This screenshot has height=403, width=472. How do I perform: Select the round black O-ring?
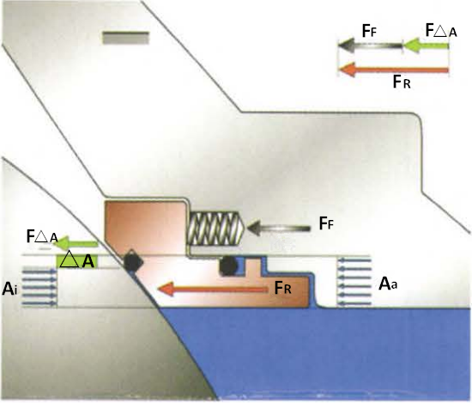click(x=228, y=266)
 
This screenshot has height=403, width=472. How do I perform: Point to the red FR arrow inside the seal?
click(x=214, y=290)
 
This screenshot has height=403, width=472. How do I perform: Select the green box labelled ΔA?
click(x=76, y=260)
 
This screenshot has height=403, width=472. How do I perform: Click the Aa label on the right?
click(x=388, y=281)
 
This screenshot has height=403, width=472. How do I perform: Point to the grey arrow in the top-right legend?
click(x=369, y=47)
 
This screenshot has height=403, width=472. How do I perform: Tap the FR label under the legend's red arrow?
click(x=402, y=83)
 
